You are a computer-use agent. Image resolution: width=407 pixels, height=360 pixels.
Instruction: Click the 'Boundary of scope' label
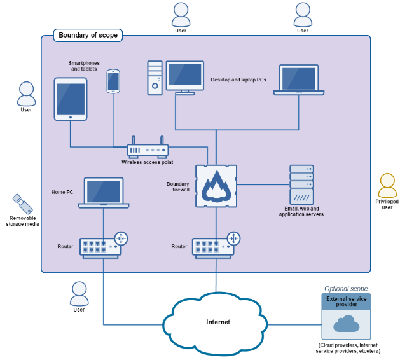[x=88, y=36]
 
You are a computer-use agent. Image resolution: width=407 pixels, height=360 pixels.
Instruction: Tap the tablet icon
[x=70, y=99]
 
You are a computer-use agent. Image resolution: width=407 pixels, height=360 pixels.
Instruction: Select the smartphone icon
[x=113, y=81]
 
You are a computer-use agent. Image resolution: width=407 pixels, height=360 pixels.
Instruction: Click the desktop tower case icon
[x=155, y=78]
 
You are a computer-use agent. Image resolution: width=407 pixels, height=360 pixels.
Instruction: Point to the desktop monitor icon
[x=185, y=77]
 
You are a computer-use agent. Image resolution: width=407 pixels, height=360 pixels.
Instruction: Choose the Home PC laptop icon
[x=104, y=193]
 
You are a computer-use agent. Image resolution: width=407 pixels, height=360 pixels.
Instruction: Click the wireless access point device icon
[x=148, y=149]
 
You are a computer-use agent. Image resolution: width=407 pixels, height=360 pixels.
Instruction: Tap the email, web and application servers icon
[x=301, y=184]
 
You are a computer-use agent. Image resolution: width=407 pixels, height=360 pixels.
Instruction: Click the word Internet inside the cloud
[x=218, y=322]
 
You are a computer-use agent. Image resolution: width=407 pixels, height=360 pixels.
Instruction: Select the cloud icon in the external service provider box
[x=346, y=324]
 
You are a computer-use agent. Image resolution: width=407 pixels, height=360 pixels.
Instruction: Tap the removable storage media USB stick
[x=22, y=204]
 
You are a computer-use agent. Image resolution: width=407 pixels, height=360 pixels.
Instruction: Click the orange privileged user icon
[x=387, y=186]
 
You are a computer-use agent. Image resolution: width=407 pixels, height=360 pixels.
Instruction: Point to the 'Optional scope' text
[x=346, y=289]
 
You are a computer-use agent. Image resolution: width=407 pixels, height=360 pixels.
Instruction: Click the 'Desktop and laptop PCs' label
[x=238, y=80]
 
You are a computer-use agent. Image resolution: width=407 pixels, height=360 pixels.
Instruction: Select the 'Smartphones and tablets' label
[x=85, y=66]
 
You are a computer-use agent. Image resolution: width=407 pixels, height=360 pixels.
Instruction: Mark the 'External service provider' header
[x=346, y=301]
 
